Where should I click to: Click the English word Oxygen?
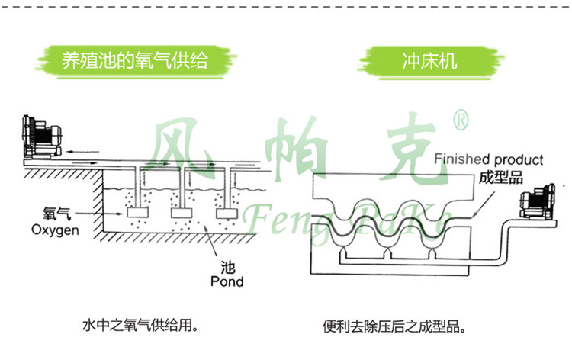pos(55,229)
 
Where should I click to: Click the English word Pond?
pos(227,281)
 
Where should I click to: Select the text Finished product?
pos(489,160)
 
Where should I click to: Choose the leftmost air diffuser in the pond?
pos(139,214)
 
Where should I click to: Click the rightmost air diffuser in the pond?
pos(227,214)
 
